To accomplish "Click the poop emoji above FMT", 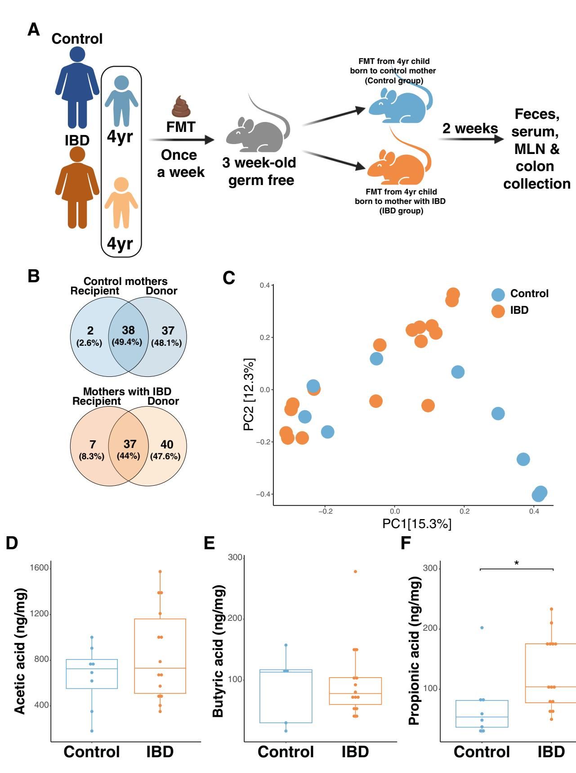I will (x=181, y=107).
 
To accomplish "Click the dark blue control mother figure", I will (x=77, y=88).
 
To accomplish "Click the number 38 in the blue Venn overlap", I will (x=128, y=330).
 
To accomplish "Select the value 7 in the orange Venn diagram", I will (x=92, y=445).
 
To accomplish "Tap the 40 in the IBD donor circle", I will (x=167, y=445).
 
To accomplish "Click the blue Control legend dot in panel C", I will (x=498, y=294).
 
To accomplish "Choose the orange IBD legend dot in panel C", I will (x=498, y=311).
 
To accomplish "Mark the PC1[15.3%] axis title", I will (x=417, y=524).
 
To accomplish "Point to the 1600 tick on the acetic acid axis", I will (x=39, y=568).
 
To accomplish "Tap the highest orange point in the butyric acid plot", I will (x=355, y=571).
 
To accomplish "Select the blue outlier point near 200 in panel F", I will (x=482, y=628).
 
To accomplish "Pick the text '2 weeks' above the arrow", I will (x=470, y=128).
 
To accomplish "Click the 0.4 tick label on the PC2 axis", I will (x=264, y=285).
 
